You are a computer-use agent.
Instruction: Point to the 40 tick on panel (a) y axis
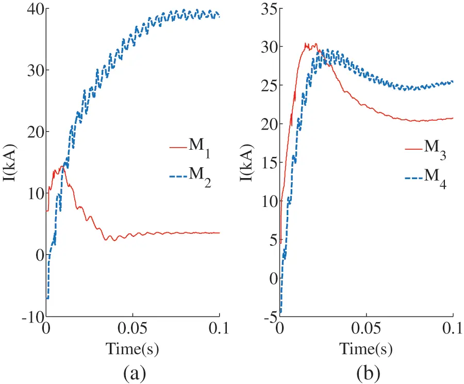coord(32,9)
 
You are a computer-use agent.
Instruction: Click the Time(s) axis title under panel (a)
coord(132,349)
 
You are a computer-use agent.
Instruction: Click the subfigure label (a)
coord(132,372)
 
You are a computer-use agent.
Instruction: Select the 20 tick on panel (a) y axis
coord(32,132)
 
